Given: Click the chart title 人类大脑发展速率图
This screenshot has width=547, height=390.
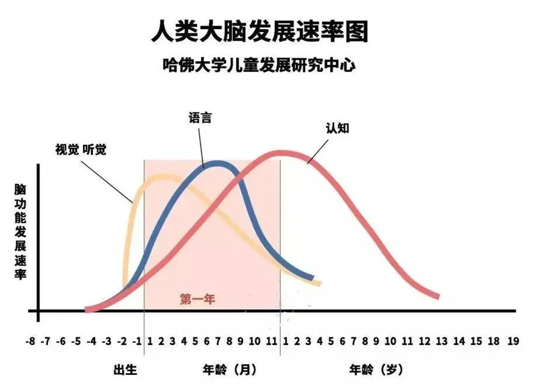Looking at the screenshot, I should click(260, 31).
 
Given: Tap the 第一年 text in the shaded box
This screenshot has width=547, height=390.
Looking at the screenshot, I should click(198, 299).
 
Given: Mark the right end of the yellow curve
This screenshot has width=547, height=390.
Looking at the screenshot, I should click(319, 283).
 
